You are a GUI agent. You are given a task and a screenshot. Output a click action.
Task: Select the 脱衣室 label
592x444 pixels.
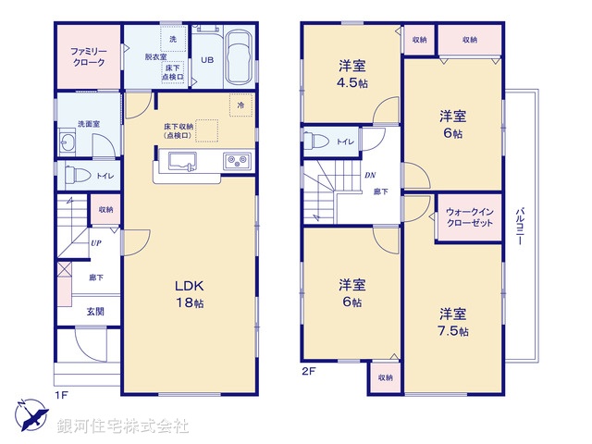click(154, 57)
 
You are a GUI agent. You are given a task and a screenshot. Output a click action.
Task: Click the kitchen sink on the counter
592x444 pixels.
click(181, 164)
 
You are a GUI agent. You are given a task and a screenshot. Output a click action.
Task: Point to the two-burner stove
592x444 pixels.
click(237, 163)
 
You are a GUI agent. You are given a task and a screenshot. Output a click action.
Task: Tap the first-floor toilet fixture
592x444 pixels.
click(77, 175)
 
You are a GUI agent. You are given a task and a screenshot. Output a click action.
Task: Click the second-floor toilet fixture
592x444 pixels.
click(316, 142)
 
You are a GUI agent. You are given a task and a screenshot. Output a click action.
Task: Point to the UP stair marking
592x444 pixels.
click(96, 244)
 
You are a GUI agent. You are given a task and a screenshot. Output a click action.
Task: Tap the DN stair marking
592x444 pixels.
click(370, 175)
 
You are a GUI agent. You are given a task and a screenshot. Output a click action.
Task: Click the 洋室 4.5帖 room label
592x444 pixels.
click(351, 72)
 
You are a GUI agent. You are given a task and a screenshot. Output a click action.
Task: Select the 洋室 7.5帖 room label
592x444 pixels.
click(453, 321)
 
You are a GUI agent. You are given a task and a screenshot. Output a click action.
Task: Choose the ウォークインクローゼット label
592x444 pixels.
click(468, 218)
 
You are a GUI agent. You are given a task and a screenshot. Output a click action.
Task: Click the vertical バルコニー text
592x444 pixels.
click(521, 225)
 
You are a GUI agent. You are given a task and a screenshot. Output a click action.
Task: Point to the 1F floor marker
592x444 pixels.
click(61, 395)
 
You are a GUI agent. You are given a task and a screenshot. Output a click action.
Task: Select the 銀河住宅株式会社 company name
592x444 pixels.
click(123, 426)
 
